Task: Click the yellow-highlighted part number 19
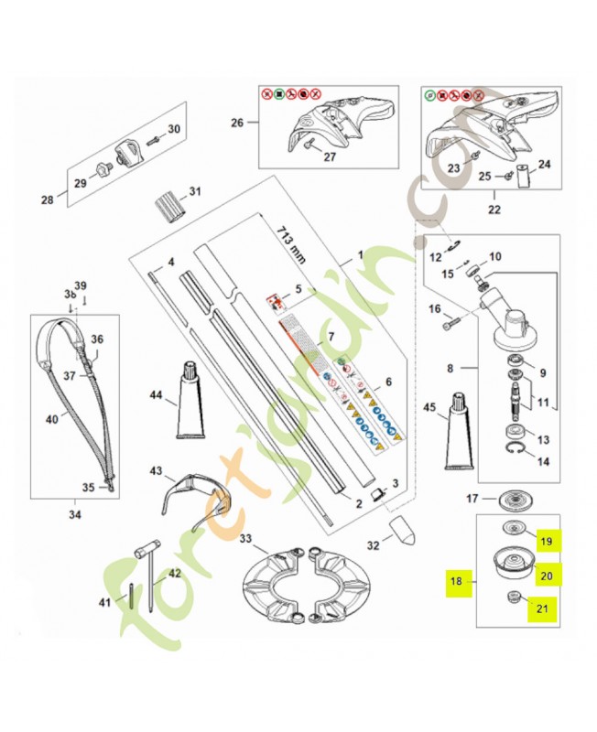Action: pyautogui.click(x=546, y=542)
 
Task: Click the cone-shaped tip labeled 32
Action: pyautogui.click(x=402, y=530)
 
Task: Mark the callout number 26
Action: pyautogui.click(x=237, y=122)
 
